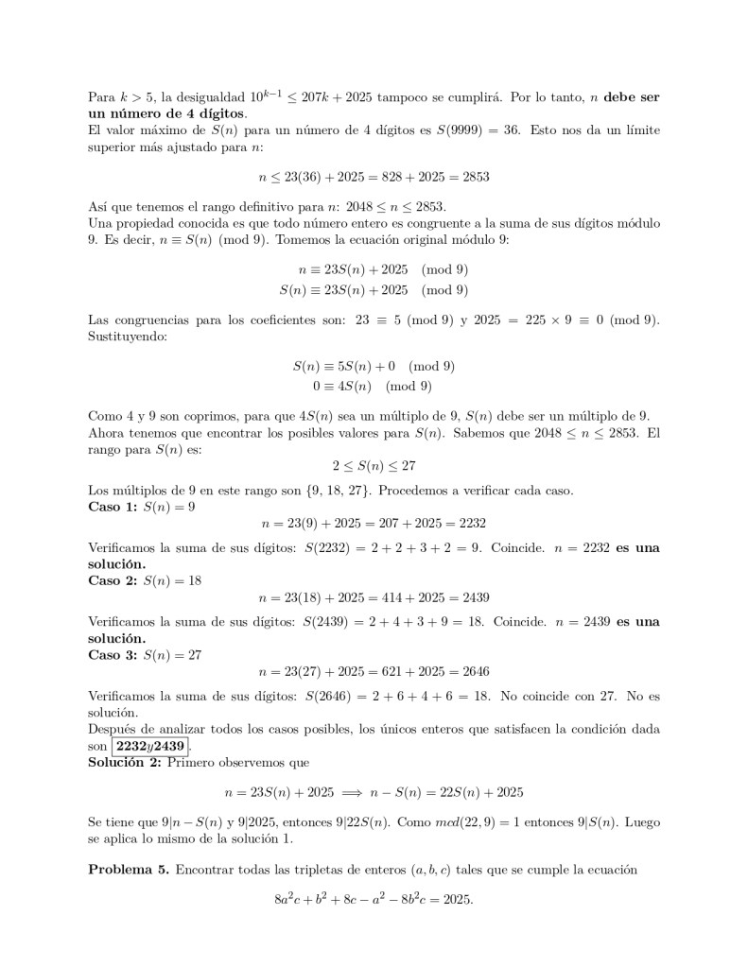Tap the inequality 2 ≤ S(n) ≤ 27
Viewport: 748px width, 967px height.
click(x=374, y=466)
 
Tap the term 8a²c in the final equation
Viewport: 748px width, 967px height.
click(x=290, y=900)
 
